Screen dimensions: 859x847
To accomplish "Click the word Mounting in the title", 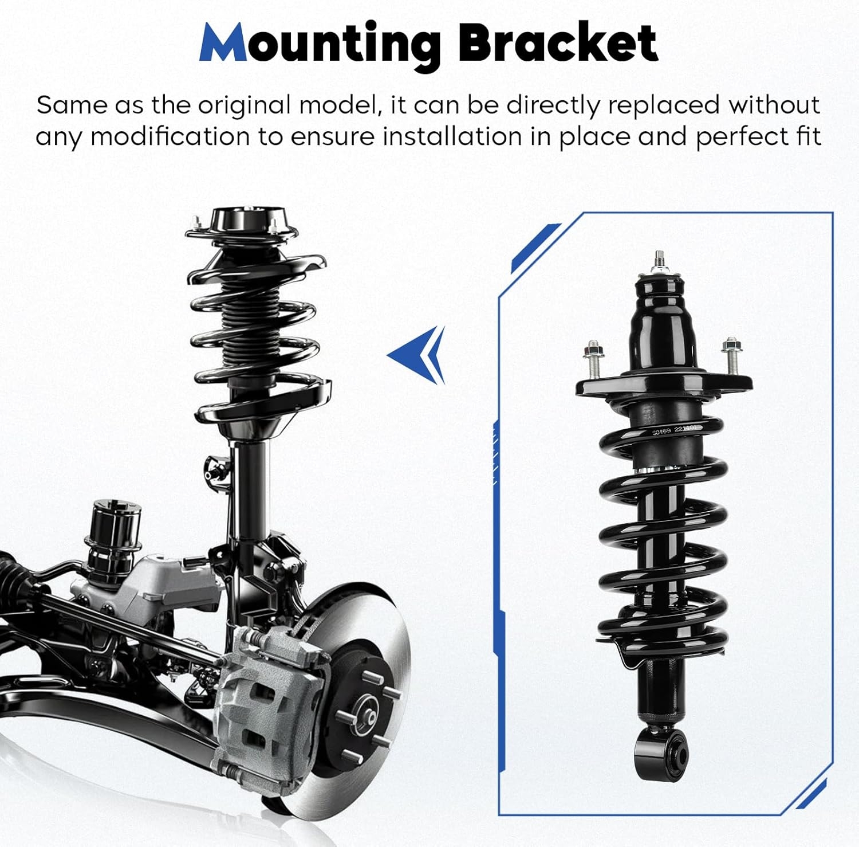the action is pyautogui.click(x=319, y=45).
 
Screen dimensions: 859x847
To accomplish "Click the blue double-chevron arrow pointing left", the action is pyautogui.click(x=417, y=355).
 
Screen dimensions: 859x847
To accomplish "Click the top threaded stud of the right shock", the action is pyautogui.click(x=660, y=263).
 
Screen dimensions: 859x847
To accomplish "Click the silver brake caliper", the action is pyautogui.click(x=269, y=700).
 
